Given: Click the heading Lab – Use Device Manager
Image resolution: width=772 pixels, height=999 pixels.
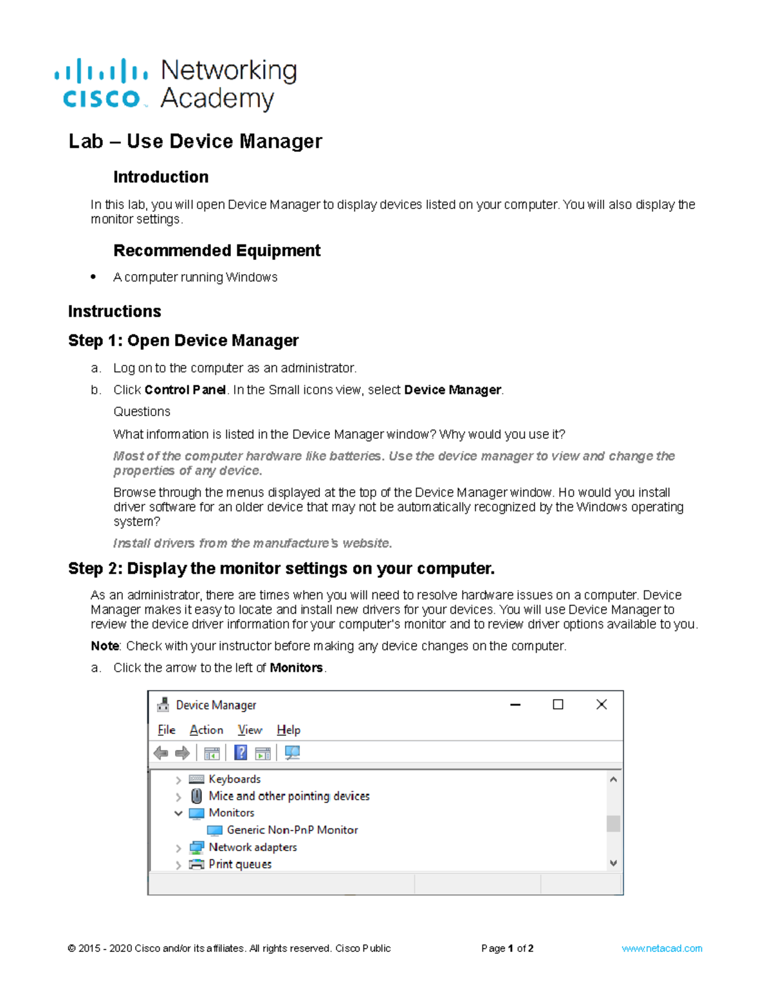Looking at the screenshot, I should click(x=195, y=142).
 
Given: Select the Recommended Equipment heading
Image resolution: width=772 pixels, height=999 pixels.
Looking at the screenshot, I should click(x=217, y=250).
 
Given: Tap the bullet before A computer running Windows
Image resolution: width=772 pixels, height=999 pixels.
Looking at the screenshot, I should click(x=94, y=277).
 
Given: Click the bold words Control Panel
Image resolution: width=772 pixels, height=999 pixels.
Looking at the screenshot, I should click(x=185, y=390).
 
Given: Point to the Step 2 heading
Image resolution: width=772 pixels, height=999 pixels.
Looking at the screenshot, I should click(x=281, y=569).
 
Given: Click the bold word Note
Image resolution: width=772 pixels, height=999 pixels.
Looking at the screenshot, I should click(x=105, y=646).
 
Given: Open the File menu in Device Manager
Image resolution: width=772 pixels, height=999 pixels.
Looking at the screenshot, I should click(x=167, y=730).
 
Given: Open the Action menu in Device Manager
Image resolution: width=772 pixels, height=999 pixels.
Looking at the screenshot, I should click(x=207, y=730).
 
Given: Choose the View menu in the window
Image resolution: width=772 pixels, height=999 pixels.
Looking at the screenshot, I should click(x=250, y=730).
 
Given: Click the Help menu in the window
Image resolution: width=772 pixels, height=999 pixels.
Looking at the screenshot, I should click(x=289, y=730).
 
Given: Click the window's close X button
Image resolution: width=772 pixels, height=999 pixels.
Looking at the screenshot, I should click(x=602, y=704).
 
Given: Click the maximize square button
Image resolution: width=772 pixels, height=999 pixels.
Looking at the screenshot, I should click(x=558, y=704).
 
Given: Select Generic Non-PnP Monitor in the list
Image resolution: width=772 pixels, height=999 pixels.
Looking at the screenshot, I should click(x=292, y=830).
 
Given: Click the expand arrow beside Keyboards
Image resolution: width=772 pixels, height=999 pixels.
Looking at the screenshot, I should click(x=178, y=780).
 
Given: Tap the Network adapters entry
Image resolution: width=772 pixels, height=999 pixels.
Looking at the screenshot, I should click(x=252, y=847).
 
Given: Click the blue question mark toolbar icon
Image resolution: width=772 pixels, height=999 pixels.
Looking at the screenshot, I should click(x=241, y=753).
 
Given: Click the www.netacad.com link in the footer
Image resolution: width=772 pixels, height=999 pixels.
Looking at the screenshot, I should click(x=661, y=948).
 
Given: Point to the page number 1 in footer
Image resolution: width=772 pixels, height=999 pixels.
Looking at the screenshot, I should click(x=511, y=948).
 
